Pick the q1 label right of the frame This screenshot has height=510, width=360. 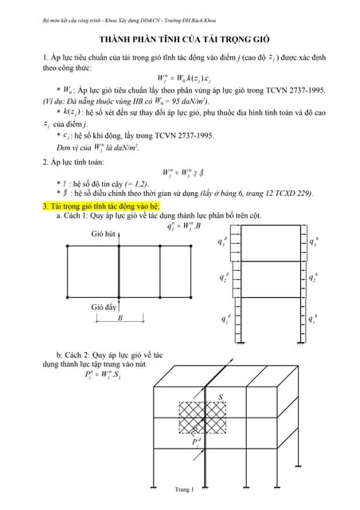(315, 319)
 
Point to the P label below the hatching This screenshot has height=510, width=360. (195, 442)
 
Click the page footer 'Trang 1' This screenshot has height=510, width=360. (183, 488)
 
